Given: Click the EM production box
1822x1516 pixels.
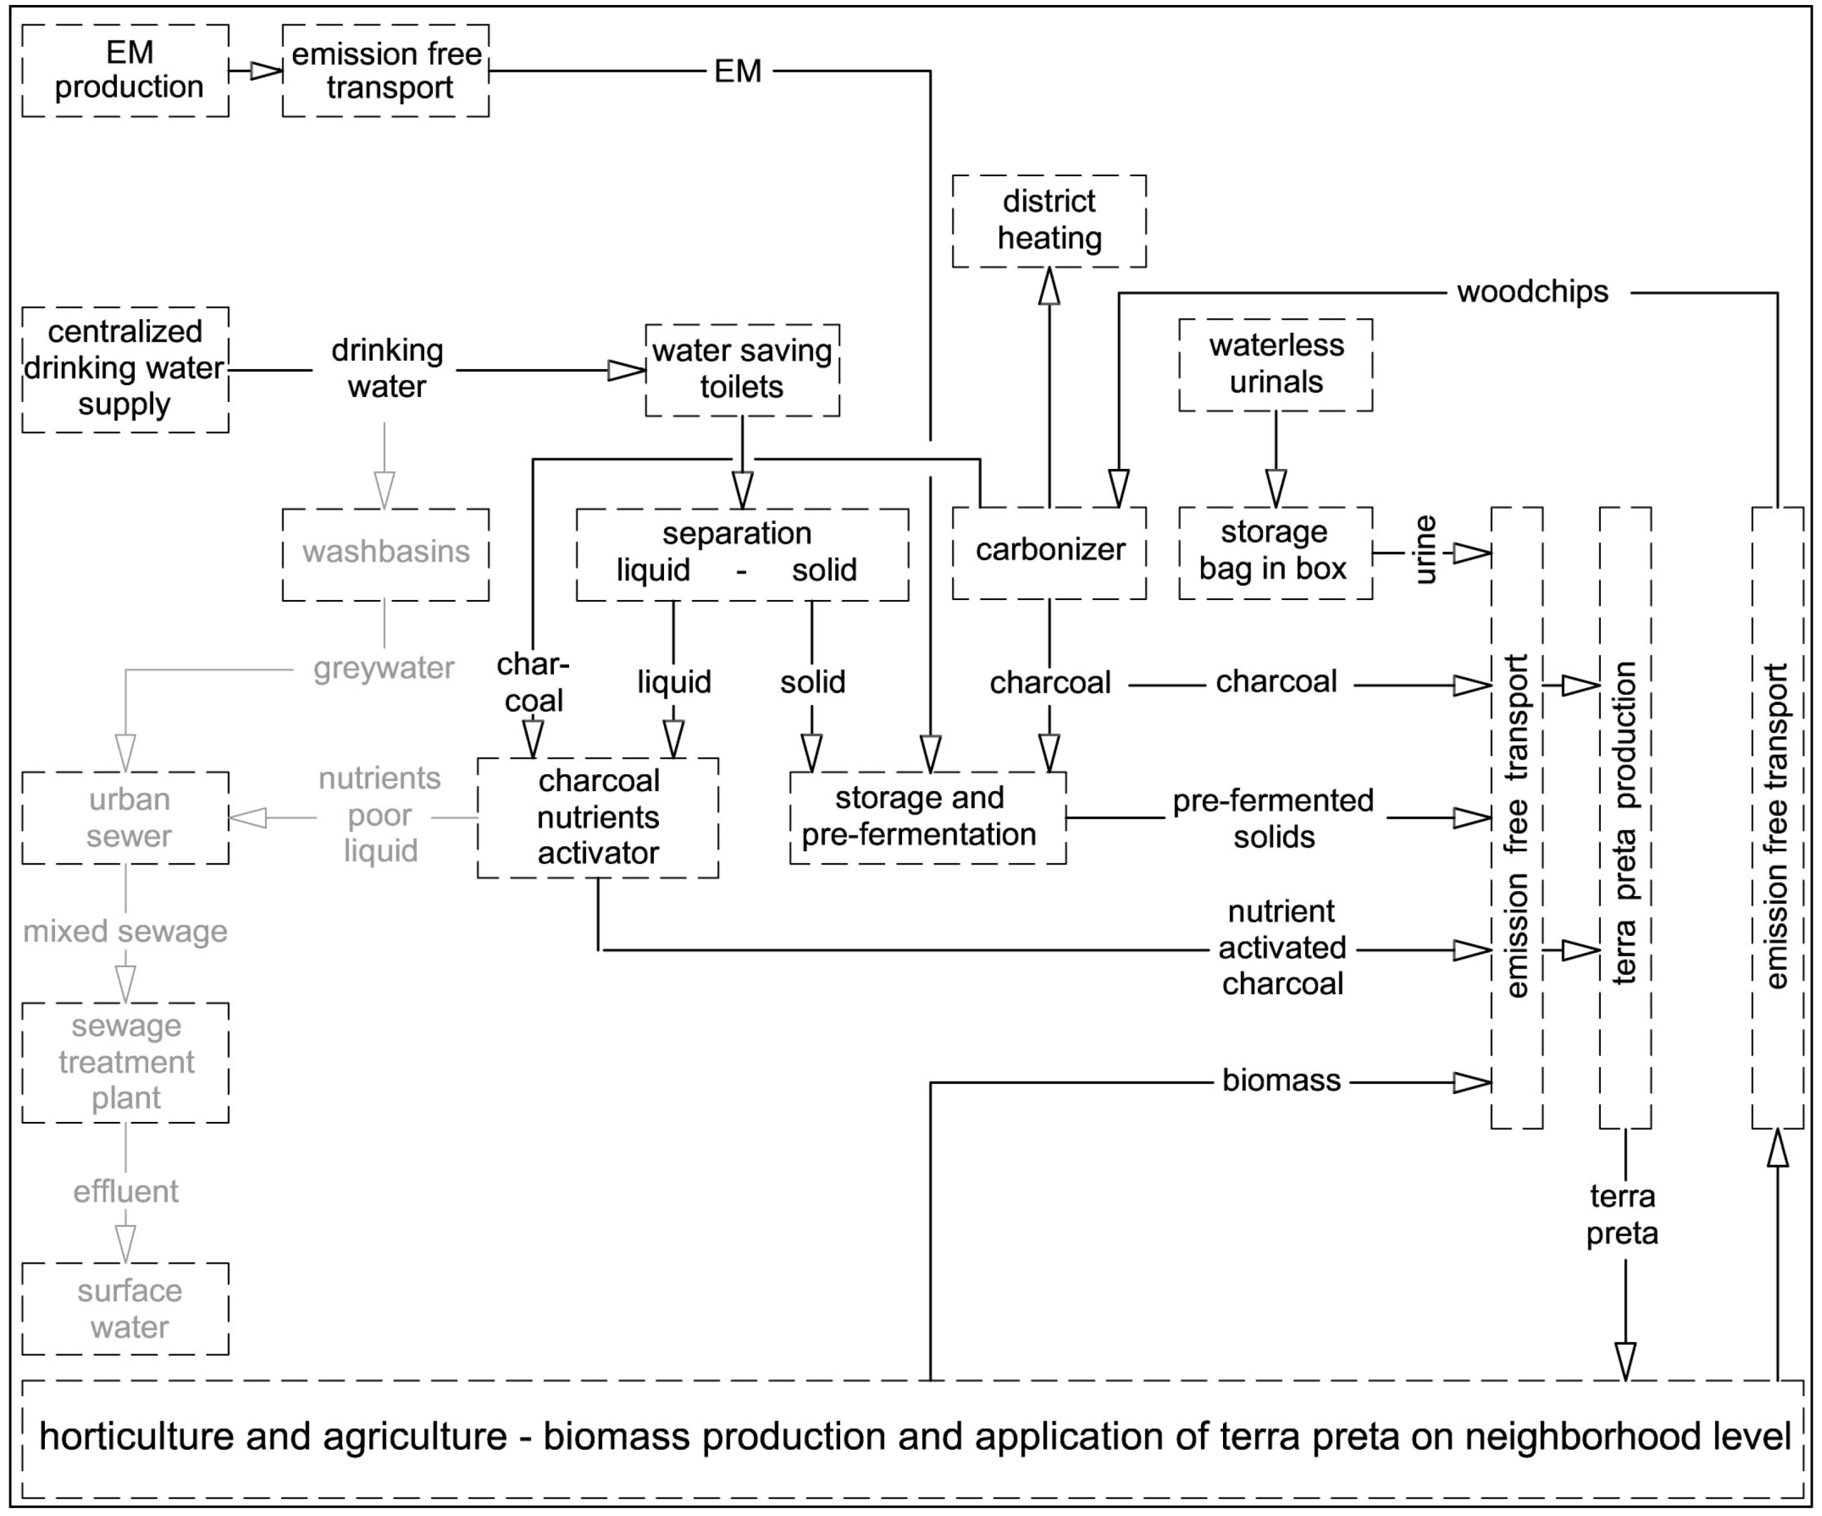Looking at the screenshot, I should point(125,71).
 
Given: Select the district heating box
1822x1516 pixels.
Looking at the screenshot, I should point(1048,220).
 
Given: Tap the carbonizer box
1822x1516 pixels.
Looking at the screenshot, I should point(1048,552).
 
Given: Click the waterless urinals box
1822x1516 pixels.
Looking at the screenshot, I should point(1274,364).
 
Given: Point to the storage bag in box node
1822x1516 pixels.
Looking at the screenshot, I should point(1274,552).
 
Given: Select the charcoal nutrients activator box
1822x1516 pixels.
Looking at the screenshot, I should point(598,817).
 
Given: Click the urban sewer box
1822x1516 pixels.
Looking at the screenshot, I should point(125,817).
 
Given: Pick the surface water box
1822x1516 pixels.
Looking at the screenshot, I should point(125,1308).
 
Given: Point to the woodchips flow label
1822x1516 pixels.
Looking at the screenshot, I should point(1532,292).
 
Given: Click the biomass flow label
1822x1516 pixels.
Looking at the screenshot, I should point(1281,1081).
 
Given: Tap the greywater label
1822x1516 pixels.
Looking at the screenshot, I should point(384,668).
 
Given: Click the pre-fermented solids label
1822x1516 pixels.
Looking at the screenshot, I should point(1273,818).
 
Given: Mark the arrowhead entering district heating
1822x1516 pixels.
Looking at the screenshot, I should point(1049,287).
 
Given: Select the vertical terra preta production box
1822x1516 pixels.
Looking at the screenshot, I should point(1624,817).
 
